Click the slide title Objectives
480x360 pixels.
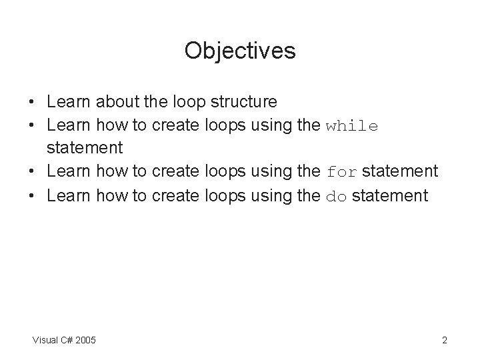pyautogui.click(x=240, y=51)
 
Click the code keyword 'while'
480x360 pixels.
pyautogui.click(x=352, y=126)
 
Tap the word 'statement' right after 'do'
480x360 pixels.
pyautogui.click(x=389, y=195)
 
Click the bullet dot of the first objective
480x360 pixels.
pyautogui.click(x=32, y=103)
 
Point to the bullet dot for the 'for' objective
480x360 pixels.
pyautogui.click(x=32, y=173)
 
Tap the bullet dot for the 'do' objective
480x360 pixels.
pyautogui.click(x=32, y=196)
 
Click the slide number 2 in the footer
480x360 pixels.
pyautogui.click(x=444, y=341)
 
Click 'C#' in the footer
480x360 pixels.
pyautogui.click(x=67, y=341)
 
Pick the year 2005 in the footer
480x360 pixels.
pyautogui.click(x=86, y=341)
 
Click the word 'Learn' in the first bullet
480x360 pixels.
pyautogui.click(x=69, y=102)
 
